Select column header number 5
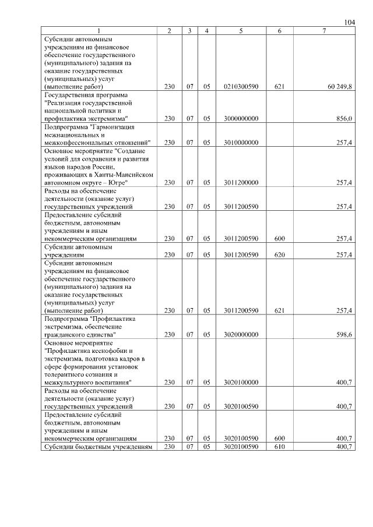point(241,30)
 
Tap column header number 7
point(324,30)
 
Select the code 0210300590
point(241,86)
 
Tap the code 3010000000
point(241,142)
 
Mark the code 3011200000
point(241,182)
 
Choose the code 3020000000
point(241,335)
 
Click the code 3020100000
point(241,383)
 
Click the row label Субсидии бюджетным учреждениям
point(98,446)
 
